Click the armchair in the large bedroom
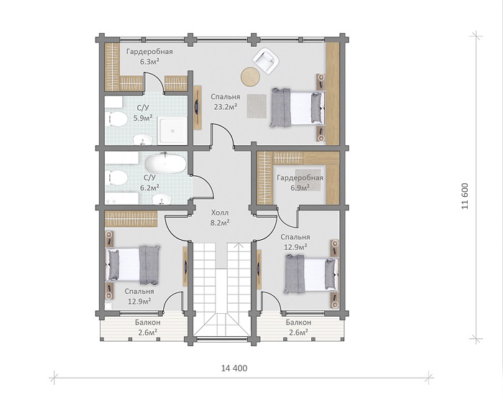tap(265, 60)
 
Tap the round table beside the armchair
tap(250, 77)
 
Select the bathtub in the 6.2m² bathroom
tap(165, 164)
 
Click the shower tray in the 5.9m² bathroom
tap(172, 131)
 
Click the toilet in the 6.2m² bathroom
tap(116, 177)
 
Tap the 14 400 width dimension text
tap(234, 368)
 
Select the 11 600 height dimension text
tap(465, 196)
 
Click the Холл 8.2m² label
tap(220, 218)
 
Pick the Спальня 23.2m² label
tap(226, 102)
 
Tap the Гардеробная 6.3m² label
tap(149, 57)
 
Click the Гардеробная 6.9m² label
tap(300, 182)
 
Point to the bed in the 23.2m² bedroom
tap(297, 108)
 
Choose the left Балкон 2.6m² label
tap(147, 327)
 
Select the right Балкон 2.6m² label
tap(299, 327)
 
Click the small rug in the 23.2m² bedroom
tap(257, 106)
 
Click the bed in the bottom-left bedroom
tap(133, 265)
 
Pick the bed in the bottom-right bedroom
tap(311, 274)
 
